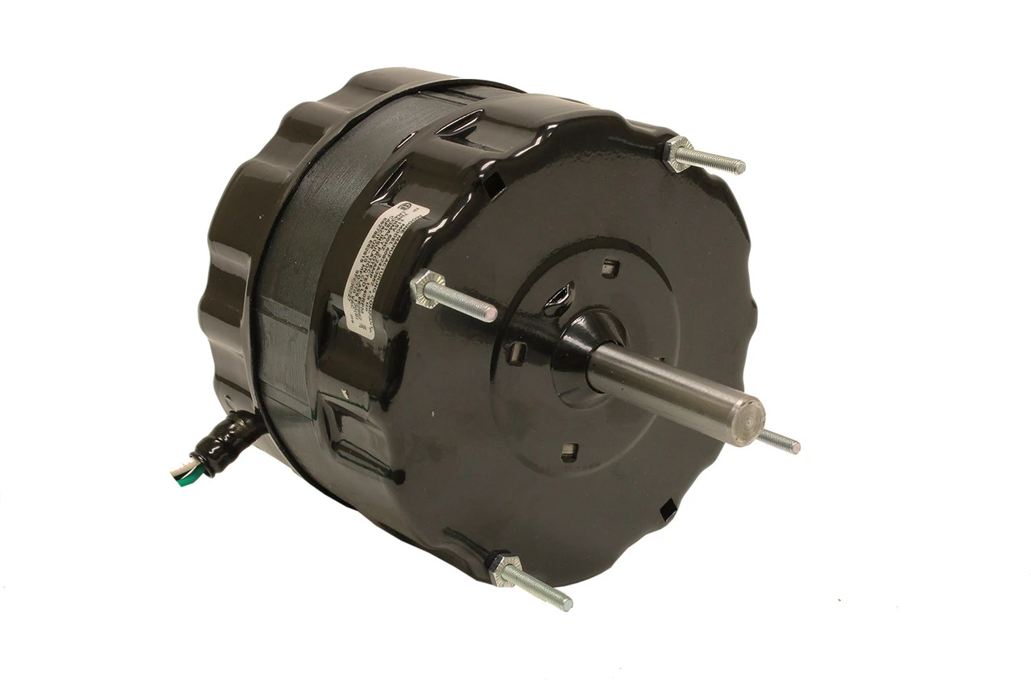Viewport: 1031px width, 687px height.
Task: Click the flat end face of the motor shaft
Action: point(752,419)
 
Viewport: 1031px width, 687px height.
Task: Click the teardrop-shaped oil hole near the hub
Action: point(557,298)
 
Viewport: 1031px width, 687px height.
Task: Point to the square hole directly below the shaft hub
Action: point(570,449)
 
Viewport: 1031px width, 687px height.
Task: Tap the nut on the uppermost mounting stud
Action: point(680,152)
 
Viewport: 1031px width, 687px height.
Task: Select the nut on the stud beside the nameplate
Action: point(427,289)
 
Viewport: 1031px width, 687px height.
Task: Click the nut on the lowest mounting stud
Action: point(503,569)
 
